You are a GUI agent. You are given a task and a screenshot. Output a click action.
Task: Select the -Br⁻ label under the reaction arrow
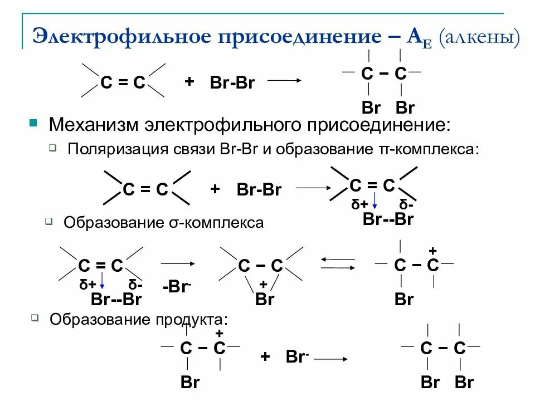point(177,287)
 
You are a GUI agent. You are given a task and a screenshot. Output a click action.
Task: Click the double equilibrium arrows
point(339,263)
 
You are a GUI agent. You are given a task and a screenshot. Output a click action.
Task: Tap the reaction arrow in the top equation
point(285,81)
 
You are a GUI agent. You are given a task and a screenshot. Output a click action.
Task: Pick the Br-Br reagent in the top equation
point(232,83)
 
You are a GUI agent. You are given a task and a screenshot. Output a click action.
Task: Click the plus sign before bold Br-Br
point(215,189)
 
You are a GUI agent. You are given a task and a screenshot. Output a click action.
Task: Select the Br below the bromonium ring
point(264,299)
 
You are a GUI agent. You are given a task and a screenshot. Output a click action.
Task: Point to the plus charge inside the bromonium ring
point(264,285)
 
